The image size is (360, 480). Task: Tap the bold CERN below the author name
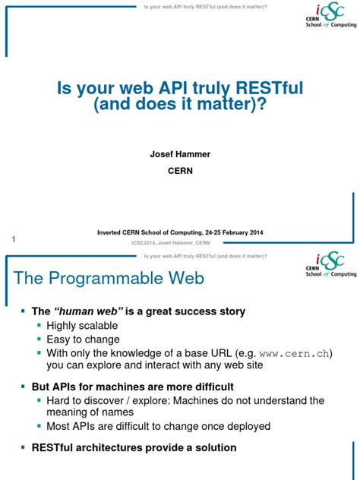tap(179, 172)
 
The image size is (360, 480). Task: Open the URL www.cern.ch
tap(292, 353)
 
